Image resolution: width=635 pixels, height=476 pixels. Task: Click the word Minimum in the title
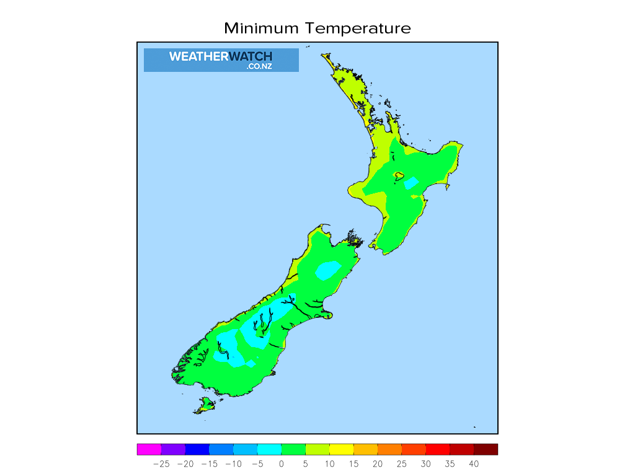(x=261, y=29)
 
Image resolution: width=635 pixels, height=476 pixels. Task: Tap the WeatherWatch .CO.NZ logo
(x=221, y=60)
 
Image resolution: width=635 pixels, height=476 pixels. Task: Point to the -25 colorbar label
(x=161, y=464)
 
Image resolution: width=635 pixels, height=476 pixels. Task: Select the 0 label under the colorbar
(x=282, y=464)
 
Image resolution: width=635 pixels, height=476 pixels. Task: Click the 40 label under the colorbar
(x=474, y=464)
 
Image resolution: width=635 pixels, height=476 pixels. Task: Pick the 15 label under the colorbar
(x=353, y=464)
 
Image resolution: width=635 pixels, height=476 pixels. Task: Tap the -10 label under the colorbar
(x=233, y=464)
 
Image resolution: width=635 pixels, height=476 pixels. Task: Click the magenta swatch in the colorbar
(x=149, y=449)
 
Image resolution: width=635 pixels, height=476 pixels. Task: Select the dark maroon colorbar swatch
(x=486, y=449)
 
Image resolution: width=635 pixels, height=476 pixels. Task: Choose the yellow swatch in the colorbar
(x=341, y=449)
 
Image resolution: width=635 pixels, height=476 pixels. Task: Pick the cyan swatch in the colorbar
(x=269, y=449)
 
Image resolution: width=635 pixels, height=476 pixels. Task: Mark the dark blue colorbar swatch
(x=197, y=449)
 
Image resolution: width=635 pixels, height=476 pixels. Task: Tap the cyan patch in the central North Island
(x=411, y=183)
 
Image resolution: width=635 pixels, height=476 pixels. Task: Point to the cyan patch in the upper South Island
(x=327, y=270)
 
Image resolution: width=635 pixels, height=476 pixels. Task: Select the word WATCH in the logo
(x=251, y=56)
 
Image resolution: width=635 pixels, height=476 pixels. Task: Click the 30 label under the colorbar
(x=425, y=464)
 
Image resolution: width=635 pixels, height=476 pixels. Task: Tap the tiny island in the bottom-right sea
(x=474, y=426)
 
